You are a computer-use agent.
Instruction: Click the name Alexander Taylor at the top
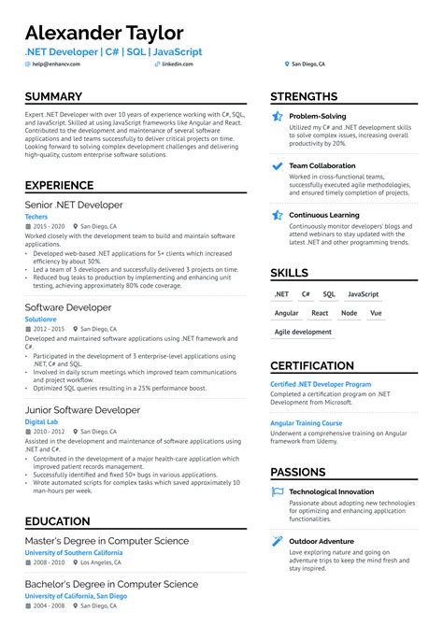(x=104, y=33)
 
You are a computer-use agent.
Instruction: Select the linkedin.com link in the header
(x=178, y=64)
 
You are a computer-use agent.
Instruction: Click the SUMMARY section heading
(x=53, y=97)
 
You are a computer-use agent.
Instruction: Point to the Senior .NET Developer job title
(x=74, y=205)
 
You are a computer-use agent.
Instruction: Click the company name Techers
(x=36, y=216)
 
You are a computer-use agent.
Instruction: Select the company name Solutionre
(x=39, y=319)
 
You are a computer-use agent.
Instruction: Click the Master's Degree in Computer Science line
(x=107, y=541)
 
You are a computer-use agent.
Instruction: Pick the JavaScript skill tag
(x=364, y=294)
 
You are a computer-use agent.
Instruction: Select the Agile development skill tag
(x=303, y=332)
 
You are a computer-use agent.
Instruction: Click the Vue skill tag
(x=376, y=313)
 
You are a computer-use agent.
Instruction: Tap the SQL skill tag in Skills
(x=329, y=294)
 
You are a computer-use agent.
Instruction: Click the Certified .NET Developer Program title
(x=320, y=384)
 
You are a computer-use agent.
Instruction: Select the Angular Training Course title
(x=307, y=423)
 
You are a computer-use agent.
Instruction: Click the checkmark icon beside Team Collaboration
(x=278, y=165)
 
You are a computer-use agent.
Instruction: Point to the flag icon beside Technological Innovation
(x=278, y=491)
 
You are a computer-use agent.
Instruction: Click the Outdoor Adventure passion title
(x=321, y=541)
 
